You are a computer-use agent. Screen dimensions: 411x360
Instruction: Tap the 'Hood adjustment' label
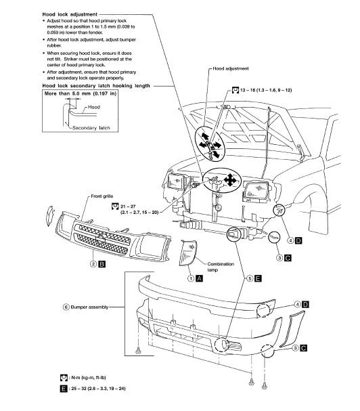[x=231, y=69]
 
